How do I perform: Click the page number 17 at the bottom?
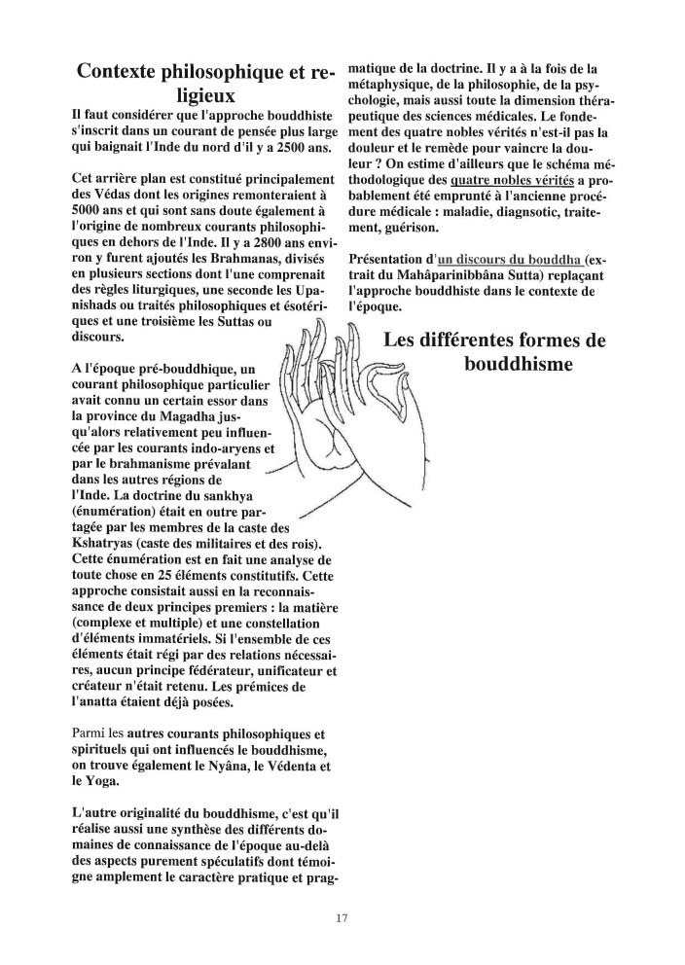(341, 917)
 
